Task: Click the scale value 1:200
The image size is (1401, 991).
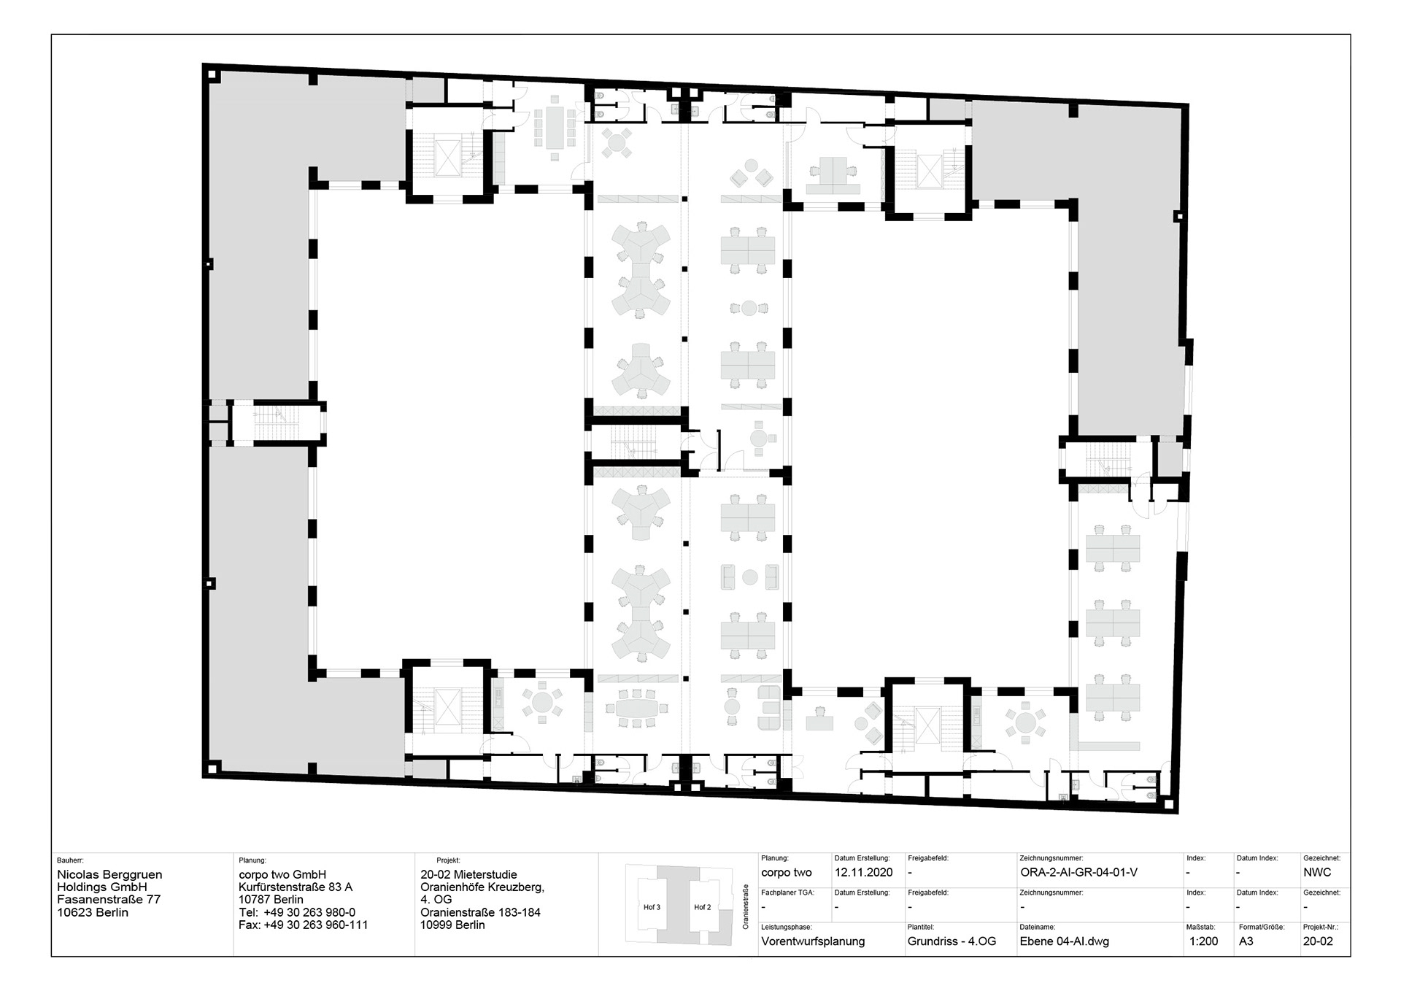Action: click(1203, 941)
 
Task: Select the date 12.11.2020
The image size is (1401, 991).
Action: click(863, 872)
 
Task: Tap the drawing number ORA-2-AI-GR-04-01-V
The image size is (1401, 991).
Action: click(1078, 872)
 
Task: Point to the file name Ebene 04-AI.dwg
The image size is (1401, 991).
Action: click(1064, 941)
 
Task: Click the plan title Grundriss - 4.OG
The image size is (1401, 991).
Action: click(952, 941)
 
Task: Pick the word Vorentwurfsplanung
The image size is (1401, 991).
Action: click(813, 941)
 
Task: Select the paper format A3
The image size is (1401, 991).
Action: click(1246, 941)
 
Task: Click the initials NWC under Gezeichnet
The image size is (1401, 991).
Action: click(1317, 872)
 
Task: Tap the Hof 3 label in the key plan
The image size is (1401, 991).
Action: click(652, 907)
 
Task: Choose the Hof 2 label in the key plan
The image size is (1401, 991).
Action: click(702, 907)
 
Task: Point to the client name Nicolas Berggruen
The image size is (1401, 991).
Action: click(109, 874)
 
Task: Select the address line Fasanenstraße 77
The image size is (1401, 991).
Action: click(109, 900)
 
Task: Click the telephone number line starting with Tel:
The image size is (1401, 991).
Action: click(297, 912)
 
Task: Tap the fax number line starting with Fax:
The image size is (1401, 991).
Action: click(303, 925)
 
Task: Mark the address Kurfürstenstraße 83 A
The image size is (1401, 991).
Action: click(296, 887)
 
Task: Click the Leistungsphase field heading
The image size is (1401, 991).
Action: click(786, 928)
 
